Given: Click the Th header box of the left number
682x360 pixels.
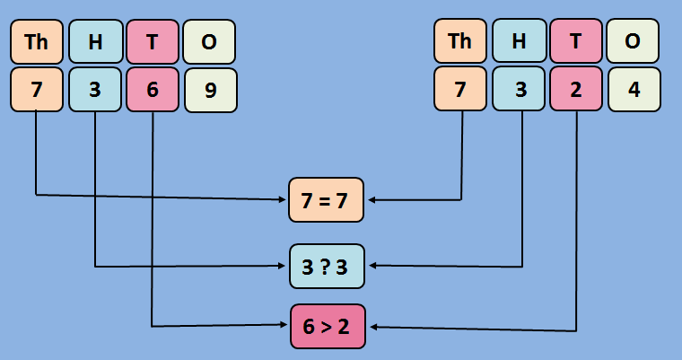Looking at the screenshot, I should [37, 42].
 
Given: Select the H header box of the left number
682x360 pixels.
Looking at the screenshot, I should [94, 42].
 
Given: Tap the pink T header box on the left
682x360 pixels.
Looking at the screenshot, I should [153, 42].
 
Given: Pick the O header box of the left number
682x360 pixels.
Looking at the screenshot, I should [210, 42].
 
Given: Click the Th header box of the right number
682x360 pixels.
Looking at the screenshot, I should [460, 41].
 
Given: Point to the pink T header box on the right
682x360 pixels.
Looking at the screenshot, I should [576, 41].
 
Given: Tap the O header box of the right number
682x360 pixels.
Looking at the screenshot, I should [634, 41].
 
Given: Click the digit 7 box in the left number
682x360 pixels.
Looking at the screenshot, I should [37, 91].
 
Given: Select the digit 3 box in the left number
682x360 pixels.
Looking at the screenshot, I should [94, 91].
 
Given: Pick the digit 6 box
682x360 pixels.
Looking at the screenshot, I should [153, 91].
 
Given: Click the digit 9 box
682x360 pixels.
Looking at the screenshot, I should [211, 91].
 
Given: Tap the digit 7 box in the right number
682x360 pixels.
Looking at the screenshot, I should [460, 90].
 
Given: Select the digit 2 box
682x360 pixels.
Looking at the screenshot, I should [576, 90].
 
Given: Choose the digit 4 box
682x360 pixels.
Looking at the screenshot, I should [634, 90].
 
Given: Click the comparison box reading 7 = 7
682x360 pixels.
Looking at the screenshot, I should [326, 200].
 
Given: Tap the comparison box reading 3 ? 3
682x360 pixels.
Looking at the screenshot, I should [327, 266].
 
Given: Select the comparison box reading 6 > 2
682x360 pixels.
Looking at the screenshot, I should [327, 327].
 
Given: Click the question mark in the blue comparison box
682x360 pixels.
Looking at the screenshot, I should [327, 266].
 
